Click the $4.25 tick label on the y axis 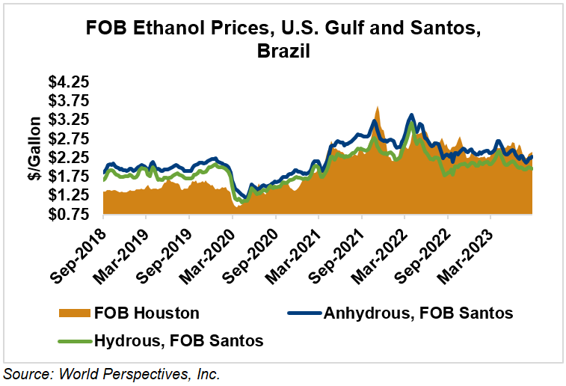67,82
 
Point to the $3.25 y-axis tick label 67,120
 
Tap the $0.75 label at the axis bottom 67,215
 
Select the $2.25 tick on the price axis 67,158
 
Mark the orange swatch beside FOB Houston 73,313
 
